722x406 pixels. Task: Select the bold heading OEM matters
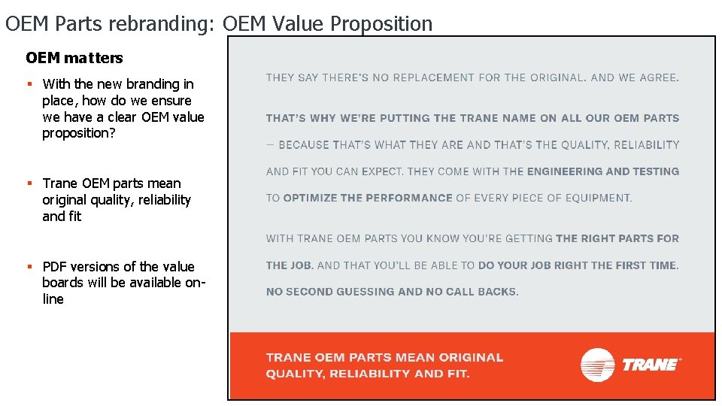74,58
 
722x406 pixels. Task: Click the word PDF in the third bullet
55,267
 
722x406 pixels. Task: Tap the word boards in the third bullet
61,283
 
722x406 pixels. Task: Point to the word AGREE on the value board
656,77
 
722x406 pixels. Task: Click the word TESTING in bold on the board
656,171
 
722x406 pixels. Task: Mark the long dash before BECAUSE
270,144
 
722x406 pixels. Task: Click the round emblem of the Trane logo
598,365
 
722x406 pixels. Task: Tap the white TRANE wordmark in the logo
650,365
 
